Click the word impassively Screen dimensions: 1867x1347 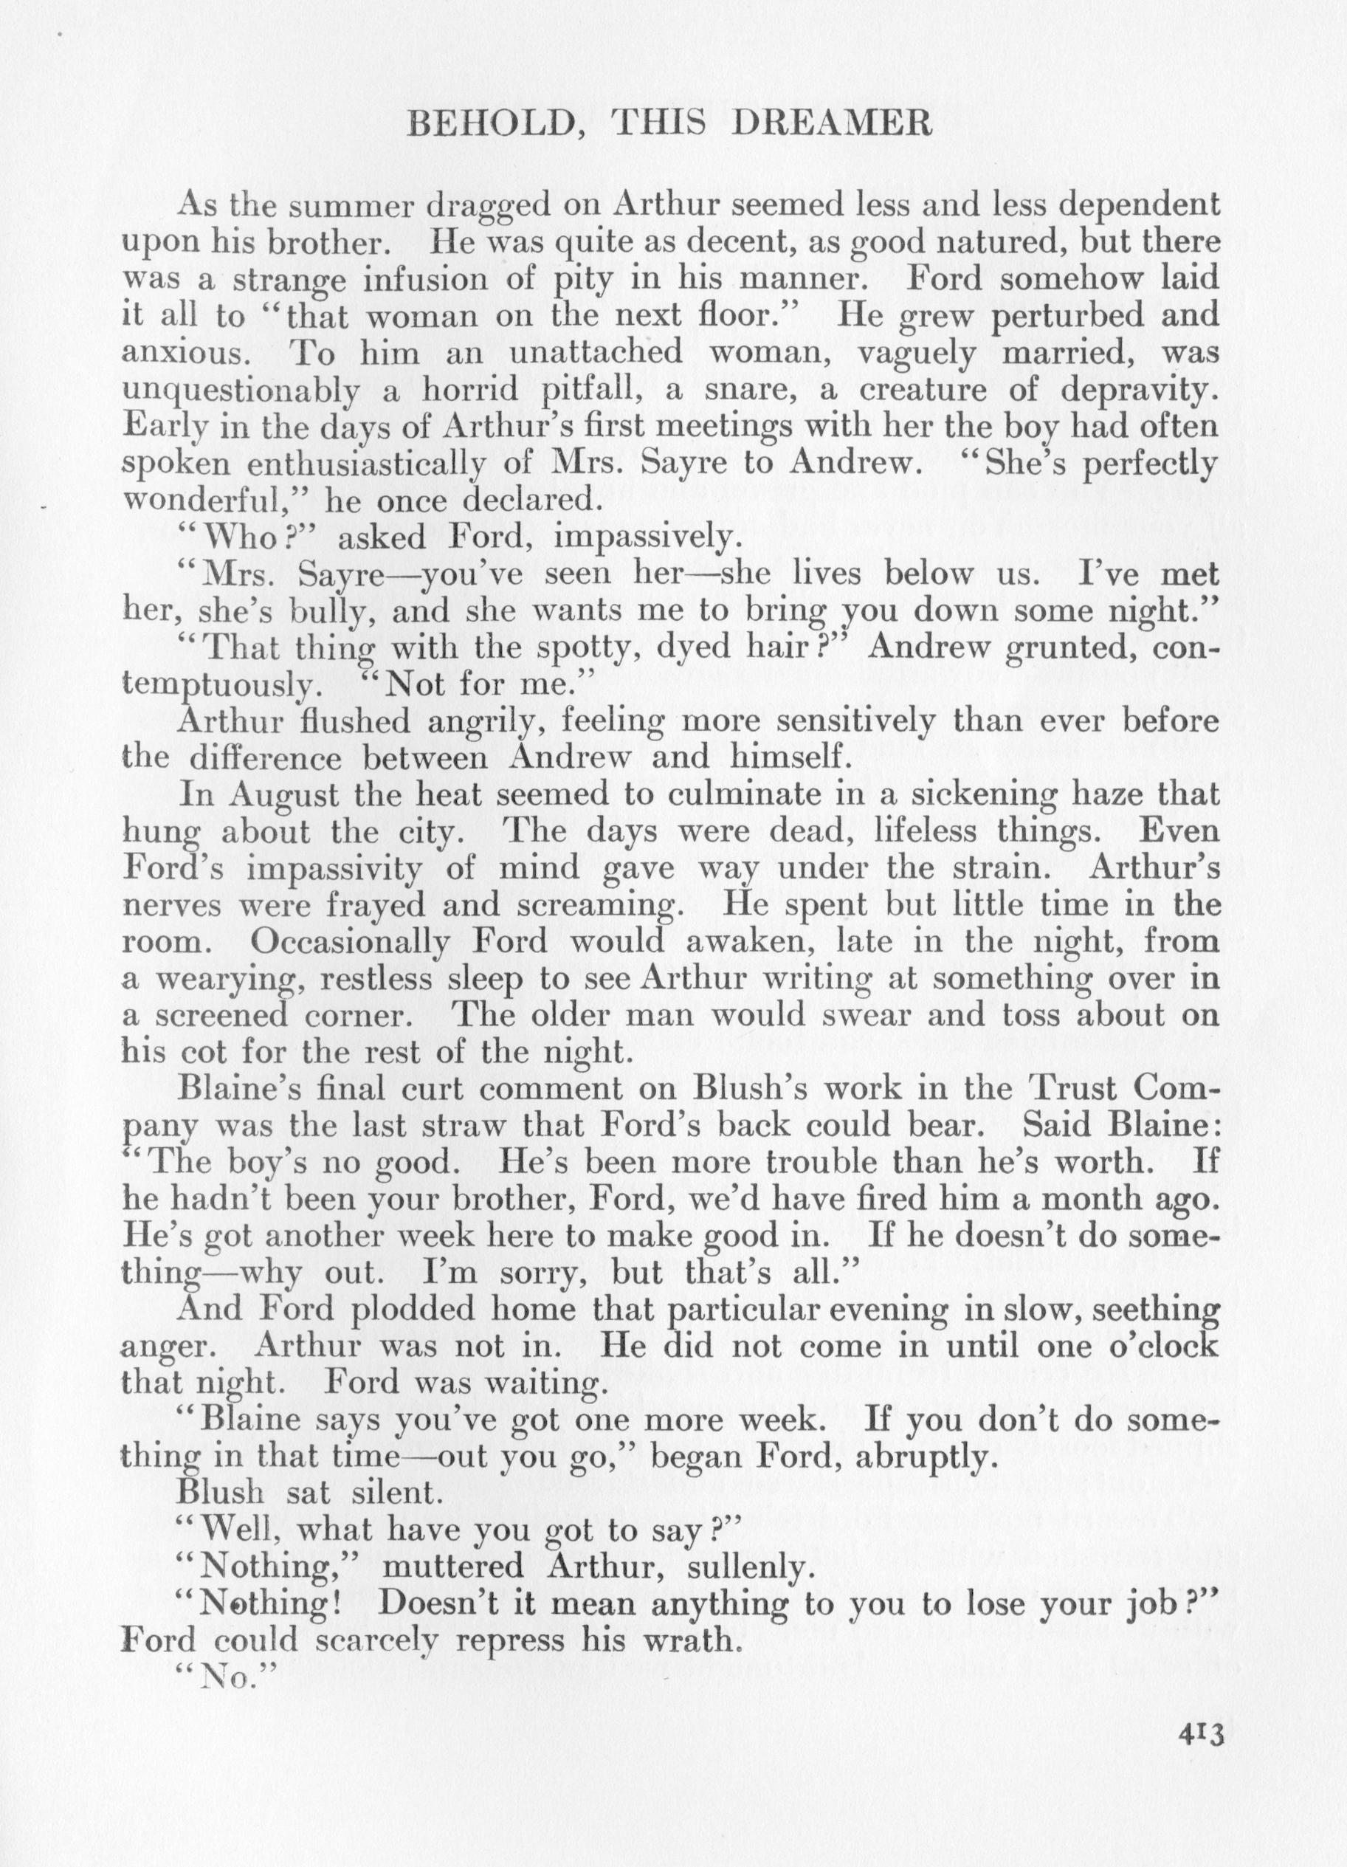[643, 537]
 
